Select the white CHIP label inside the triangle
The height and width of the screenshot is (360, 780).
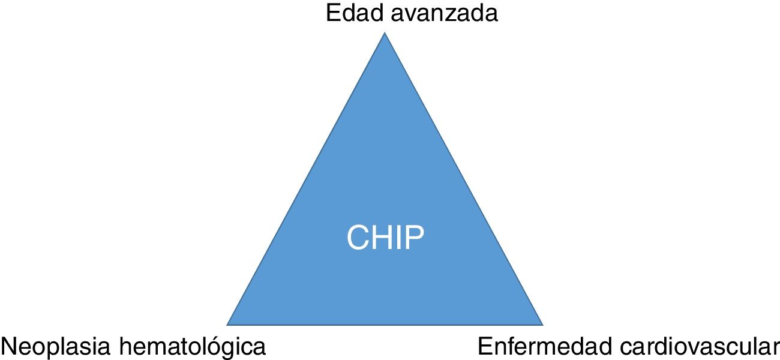(385, 238)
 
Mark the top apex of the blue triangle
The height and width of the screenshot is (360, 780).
(385, 33)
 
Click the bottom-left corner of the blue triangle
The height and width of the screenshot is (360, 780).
(228, 325)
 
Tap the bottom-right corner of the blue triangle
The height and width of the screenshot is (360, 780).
(542, 325)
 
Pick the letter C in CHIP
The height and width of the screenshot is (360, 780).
(358, 238)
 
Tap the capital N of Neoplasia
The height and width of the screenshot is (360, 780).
(8, 346)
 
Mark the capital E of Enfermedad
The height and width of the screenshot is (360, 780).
(485, 346)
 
